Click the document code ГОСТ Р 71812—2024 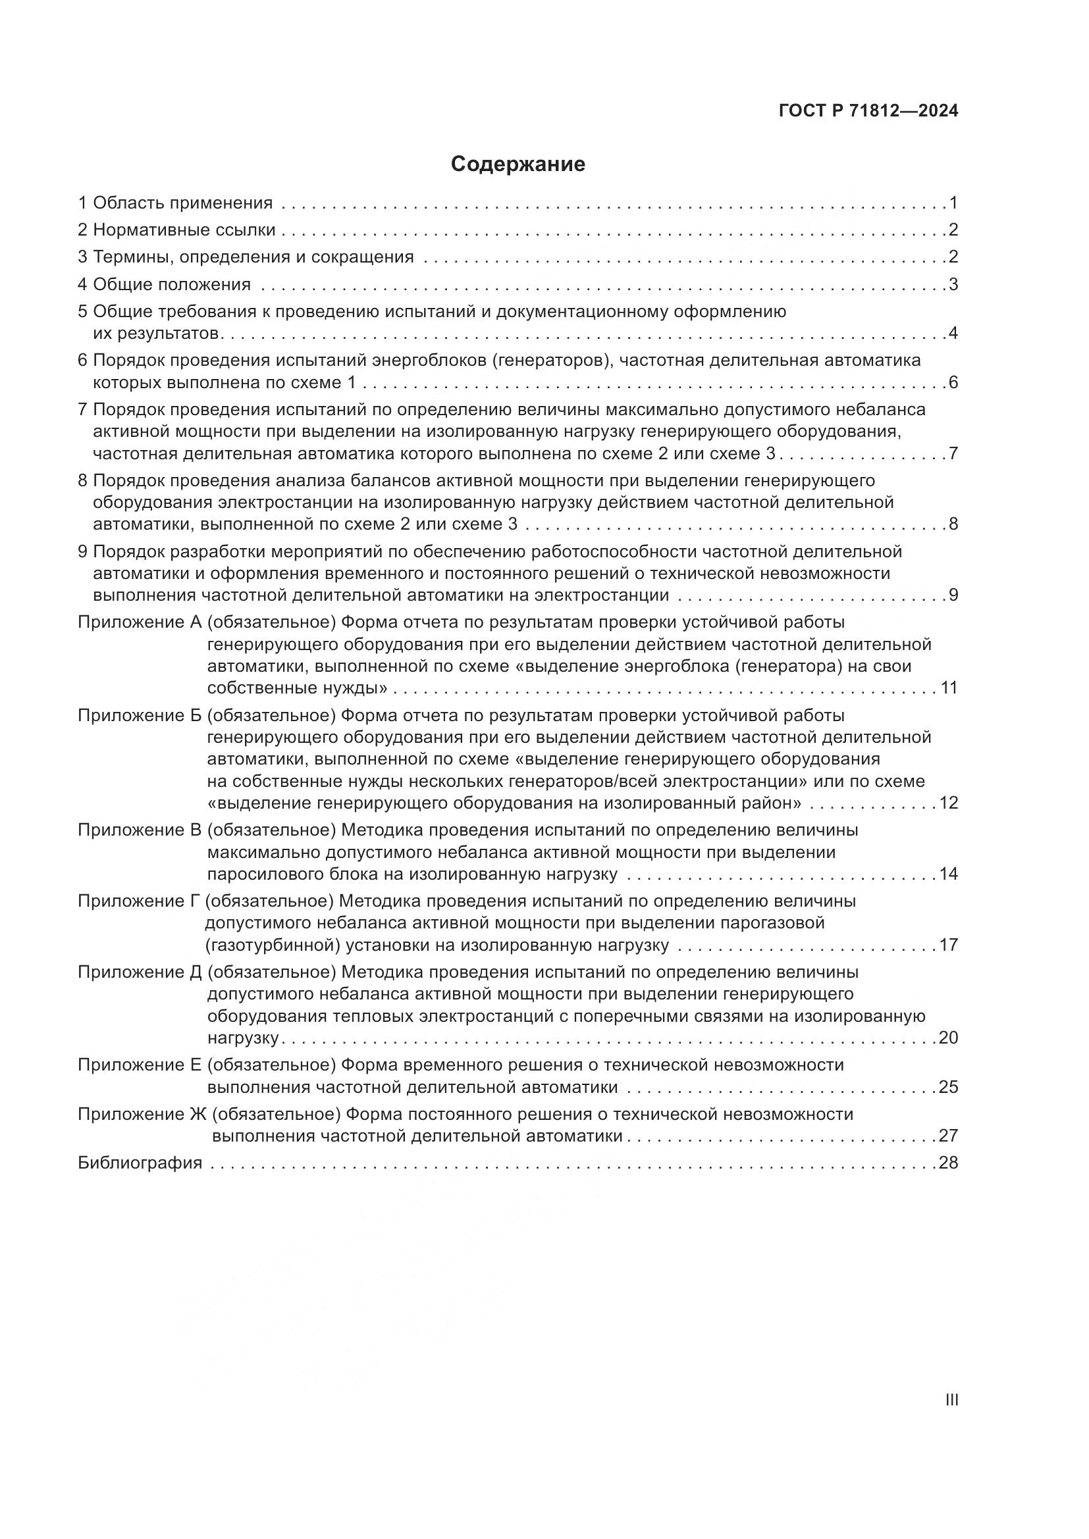(x=868, y=111)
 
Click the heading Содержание (x=518, y=164)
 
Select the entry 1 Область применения (x=176, y=203)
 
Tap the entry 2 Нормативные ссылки (x=177, y=230)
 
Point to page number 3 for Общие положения (x=953, y=284)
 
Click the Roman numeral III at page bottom (x=951, y=1400)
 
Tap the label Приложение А (x=140, y=622)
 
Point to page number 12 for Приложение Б (x=948, y=802)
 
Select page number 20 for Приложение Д (x=948, y=1038)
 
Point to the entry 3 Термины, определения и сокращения (x=246, y=257)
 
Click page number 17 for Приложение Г (x=948, y=945)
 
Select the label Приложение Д (x=140, y=972)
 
